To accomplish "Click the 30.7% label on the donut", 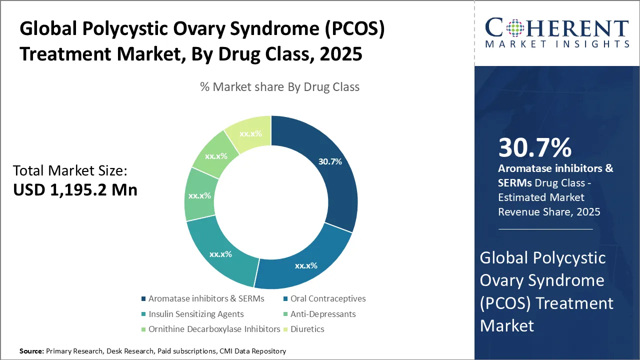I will [x=330, y=161].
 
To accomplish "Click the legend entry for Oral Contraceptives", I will [x=327, y=299].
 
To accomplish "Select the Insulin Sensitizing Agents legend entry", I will [x=195, y=314].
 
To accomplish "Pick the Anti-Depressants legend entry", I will [x=322, y=314].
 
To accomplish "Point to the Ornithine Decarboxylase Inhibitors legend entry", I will [x=214, y=329].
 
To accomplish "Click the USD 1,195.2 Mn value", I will [x=75, y=190].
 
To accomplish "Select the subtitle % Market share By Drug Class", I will [x=279, y=87].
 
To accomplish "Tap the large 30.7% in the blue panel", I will [x=534, y=148].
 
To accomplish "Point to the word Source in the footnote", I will [x=31, y=351].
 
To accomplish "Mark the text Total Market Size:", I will [x=70, y=170].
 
